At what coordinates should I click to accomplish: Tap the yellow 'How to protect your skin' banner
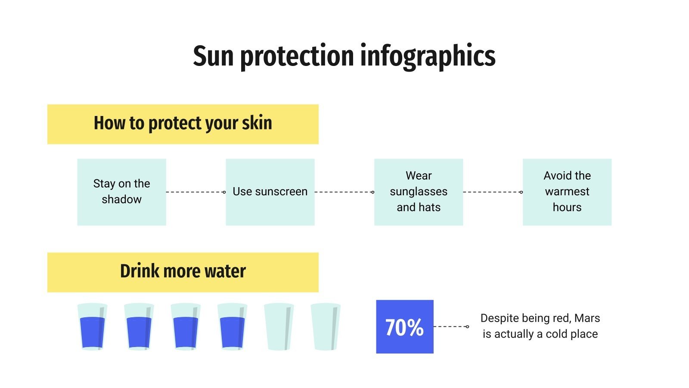pos(183,124)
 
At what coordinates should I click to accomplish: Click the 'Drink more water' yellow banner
pos(183,272)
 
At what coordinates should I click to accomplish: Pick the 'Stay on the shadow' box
pos(121,192)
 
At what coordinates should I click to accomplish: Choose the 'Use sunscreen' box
pos(270,192)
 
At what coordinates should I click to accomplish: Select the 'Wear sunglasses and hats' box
pos(419,192)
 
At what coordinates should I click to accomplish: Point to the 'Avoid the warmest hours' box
pos(567,192)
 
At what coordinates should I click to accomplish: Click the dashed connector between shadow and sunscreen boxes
pos(196,192)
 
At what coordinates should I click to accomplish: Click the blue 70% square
pos(404,327)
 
